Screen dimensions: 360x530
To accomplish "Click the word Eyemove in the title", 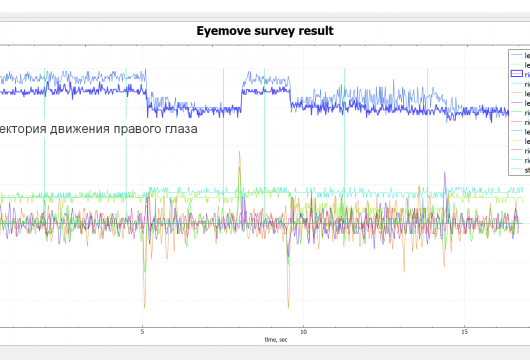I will pyautogui.click(x=226, y=31).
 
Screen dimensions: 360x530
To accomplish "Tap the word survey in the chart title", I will pyautogui.click(x=279, y=31).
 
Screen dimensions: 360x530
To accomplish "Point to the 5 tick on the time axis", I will pyautogui.click(x=142, y=331).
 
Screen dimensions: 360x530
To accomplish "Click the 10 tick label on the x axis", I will pyautogui.click(x=303, y=331).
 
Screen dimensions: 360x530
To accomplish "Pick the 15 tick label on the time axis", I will pyautogui.click(x=465, y=331).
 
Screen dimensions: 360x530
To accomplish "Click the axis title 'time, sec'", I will pyautogui.click(x=278, y=340).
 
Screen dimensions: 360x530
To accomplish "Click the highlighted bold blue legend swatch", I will pyautogui.click(x=517, y=75).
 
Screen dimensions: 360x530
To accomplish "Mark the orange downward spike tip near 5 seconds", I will pyautogui.click(x=145, y=306).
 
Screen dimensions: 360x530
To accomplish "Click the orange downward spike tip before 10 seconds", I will pyautogui.click(x=288, y=307).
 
